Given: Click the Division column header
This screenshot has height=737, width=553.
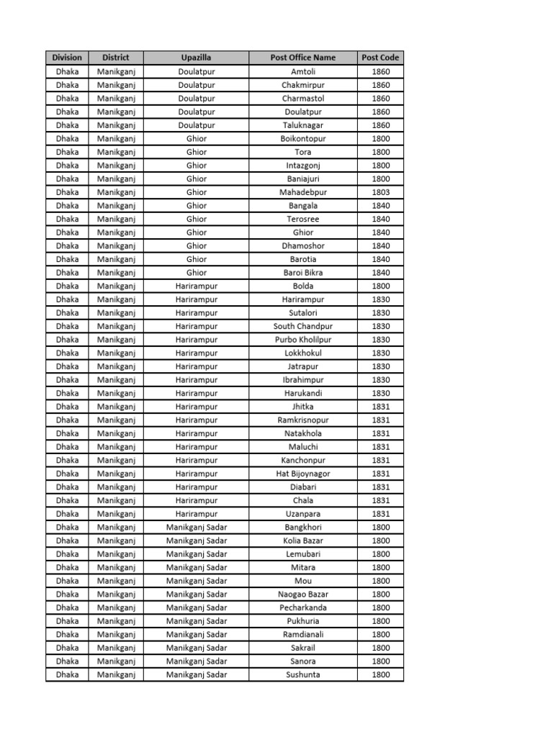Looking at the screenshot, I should click(x=67, y=58).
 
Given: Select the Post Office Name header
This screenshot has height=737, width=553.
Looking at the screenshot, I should click(x=303, y=58).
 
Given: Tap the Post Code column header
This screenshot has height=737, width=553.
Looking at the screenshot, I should click(x=381, y=58).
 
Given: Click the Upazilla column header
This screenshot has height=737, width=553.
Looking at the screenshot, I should click(x=197, y=58).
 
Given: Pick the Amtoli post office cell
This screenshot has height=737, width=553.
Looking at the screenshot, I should click(x=303, y=71).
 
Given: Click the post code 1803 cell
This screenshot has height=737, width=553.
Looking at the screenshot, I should click(x=381, y=192).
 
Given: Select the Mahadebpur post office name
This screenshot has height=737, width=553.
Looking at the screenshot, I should click(x=303, y=192).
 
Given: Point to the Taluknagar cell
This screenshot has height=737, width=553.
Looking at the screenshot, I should click(x=303, y=125).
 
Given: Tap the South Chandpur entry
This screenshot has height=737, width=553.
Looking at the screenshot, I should click(x=303, y=326).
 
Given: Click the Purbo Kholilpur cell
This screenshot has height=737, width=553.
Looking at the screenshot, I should click(x=303, y=340).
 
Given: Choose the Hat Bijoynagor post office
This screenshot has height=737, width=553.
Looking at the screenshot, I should click(x=303, y=474).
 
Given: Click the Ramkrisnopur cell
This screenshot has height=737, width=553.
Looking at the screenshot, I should click(x=303, y=420).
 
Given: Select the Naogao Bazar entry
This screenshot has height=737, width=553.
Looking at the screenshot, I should click(x=303, y=594).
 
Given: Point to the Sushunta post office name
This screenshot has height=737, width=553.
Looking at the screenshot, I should click(x=303, y=674).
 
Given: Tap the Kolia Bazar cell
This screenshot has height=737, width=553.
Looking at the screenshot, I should click(x=303, y=541).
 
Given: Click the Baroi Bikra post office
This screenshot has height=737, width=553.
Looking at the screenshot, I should click(x=303, y=273).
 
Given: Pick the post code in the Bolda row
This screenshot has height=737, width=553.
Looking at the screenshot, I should click(x=381, y=286).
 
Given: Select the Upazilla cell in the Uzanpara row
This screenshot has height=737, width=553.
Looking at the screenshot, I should click(x=197, y=514).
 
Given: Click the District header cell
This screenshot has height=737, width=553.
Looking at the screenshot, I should click(x=116, y=58).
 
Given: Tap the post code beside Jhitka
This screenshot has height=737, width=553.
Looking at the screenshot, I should click(x=381, y=407).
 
